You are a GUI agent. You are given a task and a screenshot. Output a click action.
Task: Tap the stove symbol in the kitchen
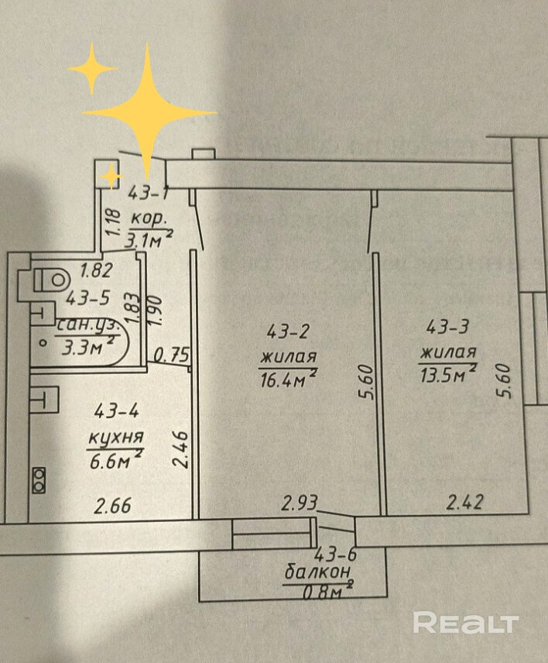pos(39,479)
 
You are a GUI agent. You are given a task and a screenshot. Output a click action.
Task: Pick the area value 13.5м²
pos(447,375)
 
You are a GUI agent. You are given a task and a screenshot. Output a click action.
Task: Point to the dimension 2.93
pos(300,504)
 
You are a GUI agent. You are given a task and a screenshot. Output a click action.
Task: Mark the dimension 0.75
pos(172,356)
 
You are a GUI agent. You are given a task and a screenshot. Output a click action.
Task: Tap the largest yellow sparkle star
pos(149,109)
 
